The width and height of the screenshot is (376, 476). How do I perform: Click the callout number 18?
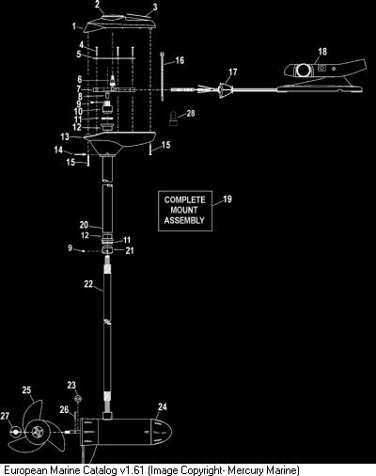pos(322,51)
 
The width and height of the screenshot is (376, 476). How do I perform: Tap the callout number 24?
pos(163,407)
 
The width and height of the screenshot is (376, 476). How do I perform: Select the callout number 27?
pos(5,416)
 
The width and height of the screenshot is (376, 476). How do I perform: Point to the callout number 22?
pos(88,284)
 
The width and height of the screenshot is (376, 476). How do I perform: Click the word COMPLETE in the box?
pos(185,199)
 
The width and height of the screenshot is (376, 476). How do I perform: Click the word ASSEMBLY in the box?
pos(184,220)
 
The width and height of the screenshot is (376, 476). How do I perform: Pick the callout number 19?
pos(227,199)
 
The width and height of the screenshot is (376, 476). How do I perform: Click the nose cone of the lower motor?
pos(162,433)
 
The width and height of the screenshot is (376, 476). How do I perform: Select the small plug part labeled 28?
pos(173,119)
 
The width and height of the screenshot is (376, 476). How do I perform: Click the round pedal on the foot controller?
pos(304,71)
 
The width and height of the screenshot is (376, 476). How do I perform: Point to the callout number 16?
pos(180,60)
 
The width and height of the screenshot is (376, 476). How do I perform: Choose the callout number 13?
pos(65,136)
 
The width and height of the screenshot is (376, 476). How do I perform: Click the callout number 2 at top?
pos(98,5)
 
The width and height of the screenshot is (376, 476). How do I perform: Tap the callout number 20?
pos(84,225)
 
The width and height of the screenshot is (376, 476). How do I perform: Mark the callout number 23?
pos(71,385)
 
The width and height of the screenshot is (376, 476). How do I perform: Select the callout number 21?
pos(130,250)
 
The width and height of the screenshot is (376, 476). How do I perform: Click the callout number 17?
pos(233,72)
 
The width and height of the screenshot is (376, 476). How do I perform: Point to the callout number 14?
pos(58,150)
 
